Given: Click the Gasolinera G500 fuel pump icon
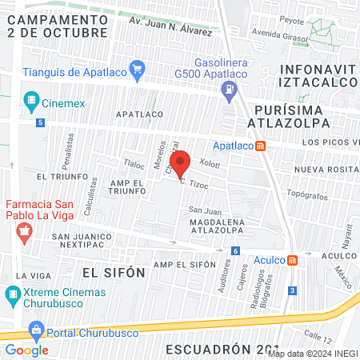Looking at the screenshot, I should click(x=230, y=88).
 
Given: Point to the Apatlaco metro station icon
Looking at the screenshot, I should click(x=261, y=145).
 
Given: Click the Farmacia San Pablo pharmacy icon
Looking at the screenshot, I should click(x=24, y=234).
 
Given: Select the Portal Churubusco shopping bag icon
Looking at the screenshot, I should click(x=35, y=329).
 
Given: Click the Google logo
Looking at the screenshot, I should click(x=26, y=350).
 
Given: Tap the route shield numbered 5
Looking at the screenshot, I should click(x=40, y=122).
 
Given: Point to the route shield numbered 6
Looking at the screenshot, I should click(x=235, y=251).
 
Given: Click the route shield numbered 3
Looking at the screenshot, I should click(x=293, y=290).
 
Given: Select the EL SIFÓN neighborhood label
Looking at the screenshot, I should click(x=114, y=272).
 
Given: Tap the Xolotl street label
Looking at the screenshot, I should click(x=209, y=162).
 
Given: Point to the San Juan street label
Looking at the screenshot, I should click(x=204, y=210).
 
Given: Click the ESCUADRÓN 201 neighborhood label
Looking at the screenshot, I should click(x=214, y=350).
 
